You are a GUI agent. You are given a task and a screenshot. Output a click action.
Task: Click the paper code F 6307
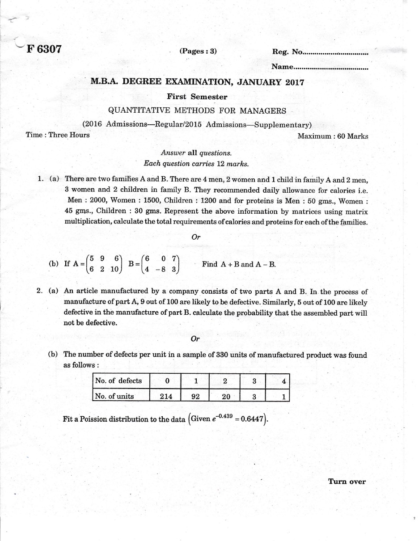pyautogui.click(x=44, y=49)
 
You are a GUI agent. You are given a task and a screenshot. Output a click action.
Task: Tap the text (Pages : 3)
pyautogui.click(x=198, y=51)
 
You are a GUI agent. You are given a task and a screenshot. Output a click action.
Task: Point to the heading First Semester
pyautogui.click(x=197, y=97)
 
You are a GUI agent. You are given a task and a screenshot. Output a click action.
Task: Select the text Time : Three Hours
pyautogui.click(x=58, y=135)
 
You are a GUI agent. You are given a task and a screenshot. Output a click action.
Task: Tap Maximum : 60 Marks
pyautogui.click(x=333, y=136)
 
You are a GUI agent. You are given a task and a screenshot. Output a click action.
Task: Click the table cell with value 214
pyautogui.click(x=166, y=396)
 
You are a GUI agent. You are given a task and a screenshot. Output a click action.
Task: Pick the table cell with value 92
pyautogui.click(x=195, y=396)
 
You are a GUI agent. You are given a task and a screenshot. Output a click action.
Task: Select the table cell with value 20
pyautogui.click(x=225, y=396)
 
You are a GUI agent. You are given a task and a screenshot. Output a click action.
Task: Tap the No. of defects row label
pyautogui.click(x=118, y=381)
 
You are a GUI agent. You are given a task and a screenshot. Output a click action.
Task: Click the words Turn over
pyautogui.click(x=346, y=482)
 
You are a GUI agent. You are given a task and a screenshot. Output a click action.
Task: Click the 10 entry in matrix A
pyautogui.click(x=114, y=269)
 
